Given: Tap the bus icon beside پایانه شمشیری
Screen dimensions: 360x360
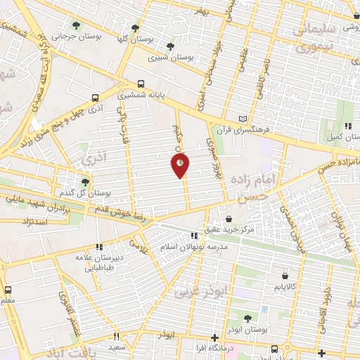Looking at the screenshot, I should point(142,82).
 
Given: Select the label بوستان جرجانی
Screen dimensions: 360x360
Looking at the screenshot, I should point(72,35).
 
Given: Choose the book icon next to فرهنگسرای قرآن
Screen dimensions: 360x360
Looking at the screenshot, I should point(243,119).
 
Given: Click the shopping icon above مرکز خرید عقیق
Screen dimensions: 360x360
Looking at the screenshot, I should point(229,219).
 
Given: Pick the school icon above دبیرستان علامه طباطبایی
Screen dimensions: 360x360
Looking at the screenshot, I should point(99,247).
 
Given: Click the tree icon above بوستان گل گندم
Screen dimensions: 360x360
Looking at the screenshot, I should point(85,182).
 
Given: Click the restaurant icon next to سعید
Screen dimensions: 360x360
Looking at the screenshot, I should point(117,336).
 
